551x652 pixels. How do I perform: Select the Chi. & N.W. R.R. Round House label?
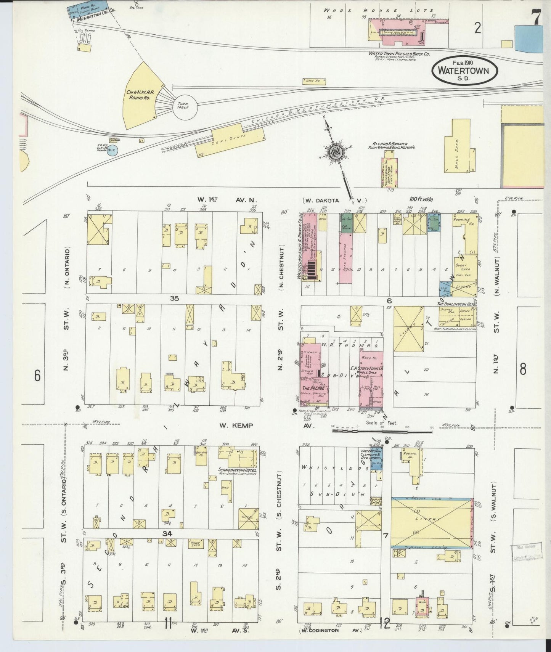138,95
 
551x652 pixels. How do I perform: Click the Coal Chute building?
230,141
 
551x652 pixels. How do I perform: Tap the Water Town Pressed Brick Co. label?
399,54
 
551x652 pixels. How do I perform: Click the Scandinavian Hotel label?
238,470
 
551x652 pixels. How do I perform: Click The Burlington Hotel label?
457,304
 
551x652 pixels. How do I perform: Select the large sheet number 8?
522,369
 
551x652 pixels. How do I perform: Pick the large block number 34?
167,534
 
